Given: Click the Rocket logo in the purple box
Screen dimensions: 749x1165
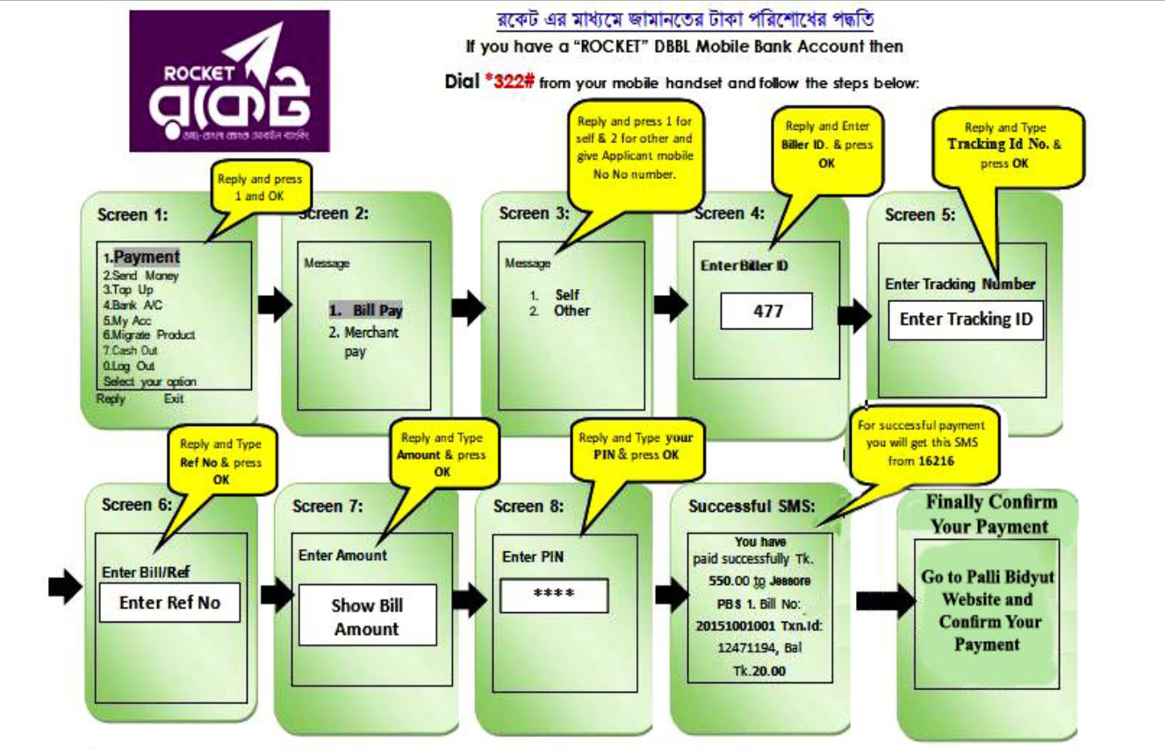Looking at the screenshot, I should [229, 81].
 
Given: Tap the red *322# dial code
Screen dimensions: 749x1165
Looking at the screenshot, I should [509, 83].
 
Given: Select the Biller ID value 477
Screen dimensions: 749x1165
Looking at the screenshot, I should [767, 312].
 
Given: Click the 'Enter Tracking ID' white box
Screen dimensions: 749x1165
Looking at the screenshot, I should [966, 320].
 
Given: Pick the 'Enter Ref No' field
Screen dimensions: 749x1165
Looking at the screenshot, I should [169, 602].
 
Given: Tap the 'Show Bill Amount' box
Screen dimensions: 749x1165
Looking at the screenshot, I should [367, 616].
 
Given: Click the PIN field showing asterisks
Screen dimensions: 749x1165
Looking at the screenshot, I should [554, 595].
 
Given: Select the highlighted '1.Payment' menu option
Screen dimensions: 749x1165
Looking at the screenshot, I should [142, 257].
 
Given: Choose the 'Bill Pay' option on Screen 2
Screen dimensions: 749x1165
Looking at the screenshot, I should [367, 311].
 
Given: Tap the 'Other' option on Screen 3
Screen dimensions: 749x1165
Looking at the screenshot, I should [572, 311].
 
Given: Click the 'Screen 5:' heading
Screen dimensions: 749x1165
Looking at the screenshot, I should [919, 215].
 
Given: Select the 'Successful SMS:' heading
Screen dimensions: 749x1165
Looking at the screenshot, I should [751, 507].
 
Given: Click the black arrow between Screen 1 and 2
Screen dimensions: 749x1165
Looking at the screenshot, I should [274, 304].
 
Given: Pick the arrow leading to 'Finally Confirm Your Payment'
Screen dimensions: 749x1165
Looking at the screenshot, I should [884, 601].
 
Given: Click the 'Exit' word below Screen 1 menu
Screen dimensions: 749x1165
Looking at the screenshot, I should [174, 399].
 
